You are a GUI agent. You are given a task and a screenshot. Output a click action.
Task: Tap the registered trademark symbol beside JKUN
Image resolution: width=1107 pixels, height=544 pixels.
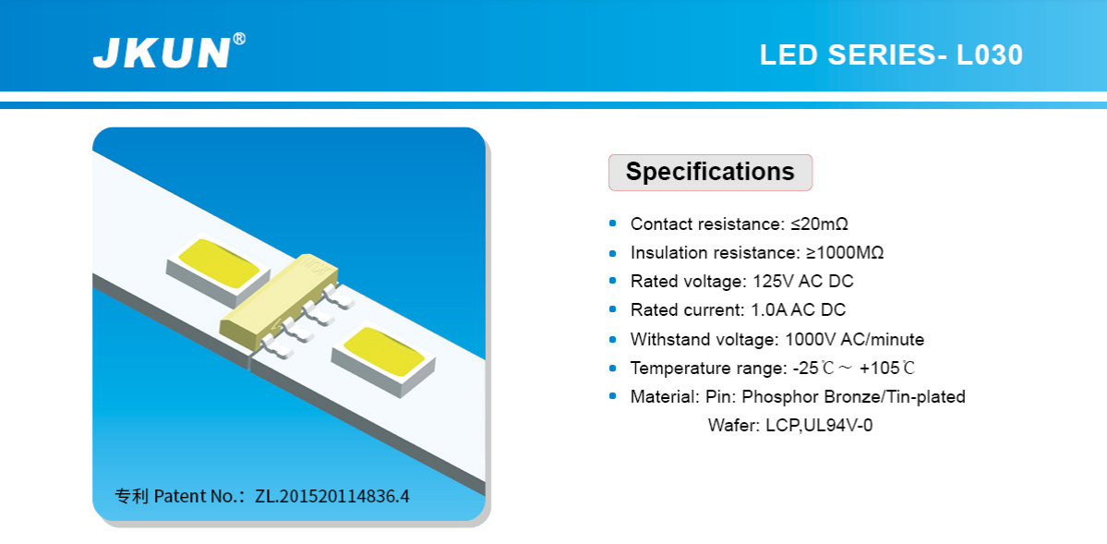click(239, 39)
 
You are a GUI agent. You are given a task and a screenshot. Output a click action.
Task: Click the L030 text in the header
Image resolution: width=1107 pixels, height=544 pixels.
click(989, 55)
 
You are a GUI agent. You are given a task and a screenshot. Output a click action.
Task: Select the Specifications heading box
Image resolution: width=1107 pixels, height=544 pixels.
click(710, 173)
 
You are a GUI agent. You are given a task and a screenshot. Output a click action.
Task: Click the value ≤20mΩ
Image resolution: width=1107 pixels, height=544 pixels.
click(819, 224)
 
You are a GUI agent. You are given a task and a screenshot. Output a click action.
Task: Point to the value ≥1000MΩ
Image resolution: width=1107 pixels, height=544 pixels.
click(845, 253)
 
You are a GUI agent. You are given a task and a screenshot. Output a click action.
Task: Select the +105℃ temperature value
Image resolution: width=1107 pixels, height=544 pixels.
click(887, 369)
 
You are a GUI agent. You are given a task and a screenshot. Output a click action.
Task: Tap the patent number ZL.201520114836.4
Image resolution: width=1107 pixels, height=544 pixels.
click(331, 496)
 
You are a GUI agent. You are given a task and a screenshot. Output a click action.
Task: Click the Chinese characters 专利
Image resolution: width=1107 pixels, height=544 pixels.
click(131, 496)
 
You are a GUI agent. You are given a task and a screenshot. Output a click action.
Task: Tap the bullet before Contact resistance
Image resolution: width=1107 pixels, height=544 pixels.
click(613, 224)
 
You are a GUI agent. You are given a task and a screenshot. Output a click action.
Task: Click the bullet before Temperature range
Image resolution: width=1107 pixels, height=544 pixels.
click(613, 369)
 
